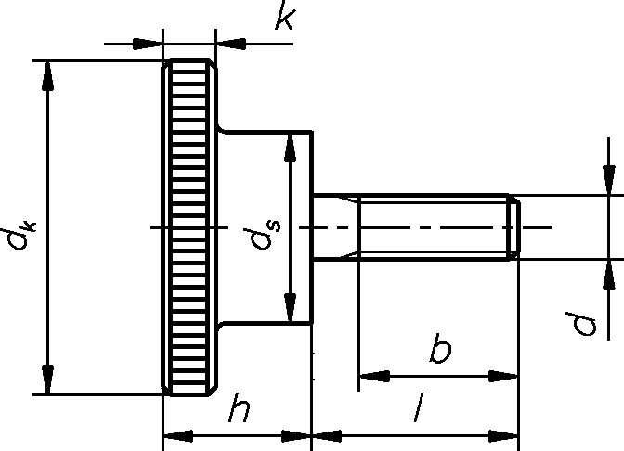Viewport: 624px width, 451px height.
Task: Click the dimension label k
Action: pyautogui.click(x=286, y=16)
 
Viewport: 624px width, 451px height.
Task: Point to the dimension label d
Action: pyautogui.click(x=581, y=324)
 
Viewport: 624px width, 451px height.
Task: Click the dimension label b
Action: pyautogui.click(x=440, y=348)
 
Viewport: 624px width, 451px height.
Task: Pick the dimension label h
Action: pyautogui.click(x=240, y=407)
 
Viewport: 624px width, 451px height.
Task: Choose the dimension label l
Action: pyautogui.click(x=419, y=407)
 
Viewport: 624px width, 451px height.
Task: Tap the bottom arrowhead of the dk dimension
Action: pyautogui.click(x=47, y=379)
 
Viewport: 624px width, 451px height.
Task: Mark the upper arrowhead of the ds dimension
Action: pyautogui.click(x=291, y=147)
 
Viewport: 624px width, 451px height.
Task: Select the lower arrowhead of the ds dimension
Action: pyautogui.click(x=291, y=308)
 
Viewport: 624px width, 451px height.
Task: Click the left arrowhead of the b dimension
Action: pyautogui.click(x=375, y=376)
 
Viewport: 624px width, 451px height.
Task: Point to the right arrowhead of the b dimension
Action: pyautogui.click(x=503, y=376)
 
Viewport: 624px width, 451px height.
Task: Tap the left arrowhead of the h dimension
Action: pyautogui.click(x=178, y=436)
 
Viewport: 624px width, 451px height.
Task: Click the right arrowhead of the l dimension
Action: pyautogui.click(x=504, y=436)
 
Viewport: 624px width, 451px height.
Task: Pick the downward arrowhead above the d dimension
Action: pyautogui.click(x=609, y=180)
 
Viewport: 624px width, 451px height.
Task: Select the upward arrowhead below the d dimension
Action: pyautogui.click(x=609, y=275)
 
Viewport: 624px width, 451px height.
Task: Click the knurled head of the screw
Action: pyautogui.click(x=189, y=228)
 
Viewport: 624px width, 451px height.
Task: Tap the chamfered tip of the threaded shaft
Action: pyautogui.click(x=514, y=227)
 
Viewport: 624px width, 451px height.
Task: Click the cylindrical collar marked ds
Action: pyautogui.click(x=265, y=227)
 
